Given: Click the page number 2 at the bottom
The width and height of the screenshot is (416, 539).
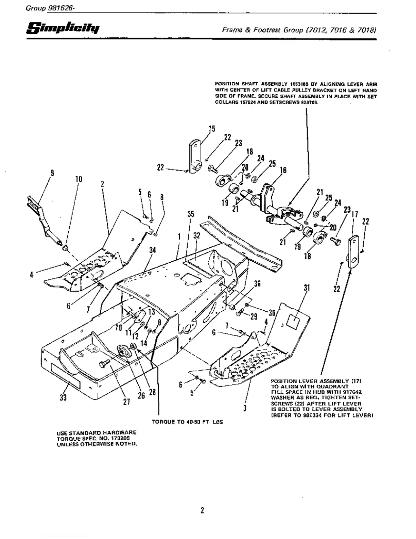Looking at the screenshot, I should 202,510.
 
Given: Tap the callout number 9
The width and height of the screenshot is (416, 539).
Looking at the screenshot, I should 52,173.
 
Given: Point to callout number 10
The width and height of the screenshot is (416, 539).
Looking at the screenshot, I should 79,179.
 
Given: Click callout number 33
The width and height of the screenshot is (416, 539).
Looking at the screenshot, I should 63,397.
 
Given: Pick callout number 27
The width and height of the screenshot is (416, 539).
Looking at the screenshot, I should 127,402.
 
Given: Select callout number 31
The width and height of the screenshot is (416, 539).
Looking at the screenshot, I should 307,288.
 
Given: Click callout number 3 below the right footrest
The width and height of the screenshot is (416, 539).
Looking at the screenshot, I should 245,408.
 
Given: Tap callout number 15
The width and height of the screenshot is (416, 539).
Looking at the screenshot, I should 212,129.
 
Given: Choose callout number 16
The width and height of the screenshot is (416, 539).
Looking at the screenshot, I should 283,170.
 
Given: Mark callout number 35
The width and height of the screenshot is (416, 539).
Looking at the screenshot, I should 191,214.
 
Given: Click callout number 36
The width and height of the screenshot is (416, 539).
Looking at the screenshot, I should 257,283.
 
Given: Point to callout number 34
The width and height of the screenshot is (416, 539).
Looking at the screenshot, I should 153,250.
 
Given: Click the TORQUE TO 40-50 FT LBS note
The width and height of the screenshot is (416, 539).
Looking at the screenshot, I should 187,422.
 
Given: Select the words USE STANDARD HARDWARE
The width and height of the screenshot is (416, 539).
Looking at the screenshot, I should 97,432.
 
